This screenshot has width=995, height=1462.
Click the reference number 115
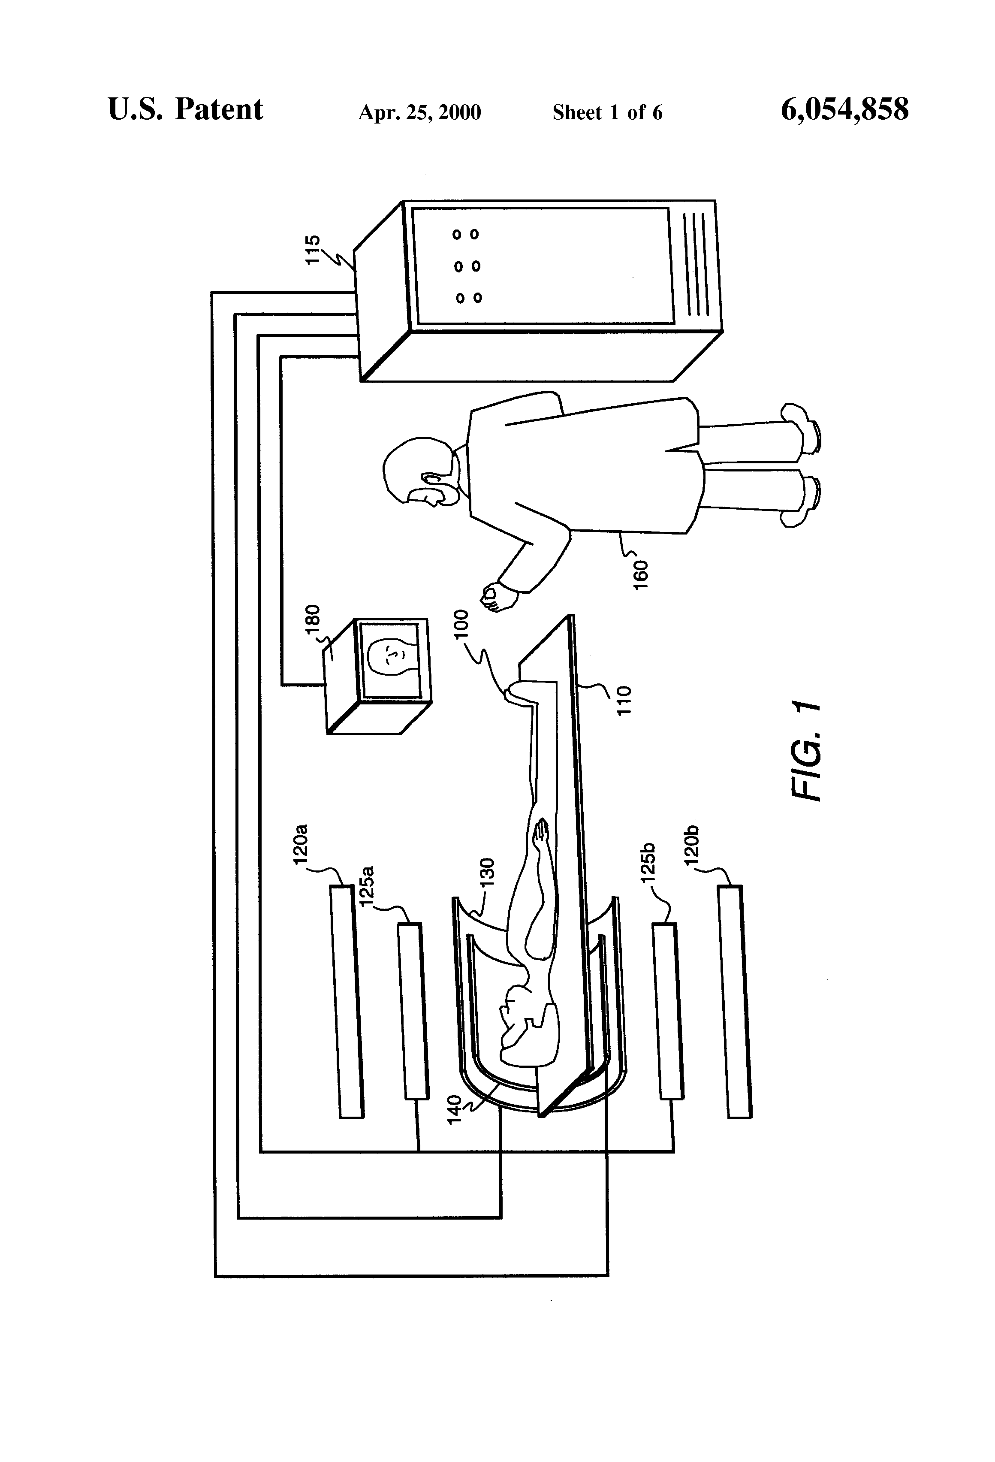point(313,250)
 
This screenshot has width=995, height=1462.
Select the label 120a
point(301,843)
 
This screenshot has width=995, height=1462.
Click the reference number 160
point(640,574)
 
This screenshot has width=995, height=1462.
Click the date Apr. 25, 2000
point(419,112)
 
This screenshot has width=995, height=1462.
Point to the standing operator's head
point(418,472)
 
